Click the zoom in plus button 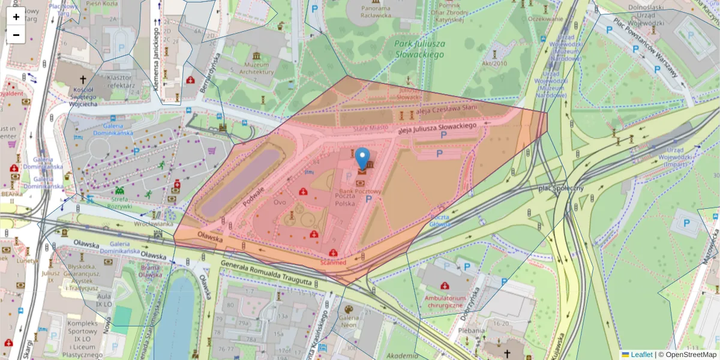tap(16, 17)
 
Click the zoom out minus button tap(16, 35)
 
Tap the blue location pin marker tap(362, 159)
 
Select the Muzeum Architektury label tap(256, 68)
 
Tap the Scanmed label tap(333, 263)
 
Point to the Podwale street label tap(254, 197)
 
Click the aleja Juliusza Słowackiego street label tap(437, 128)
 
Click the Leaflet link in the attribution tap(641, 355)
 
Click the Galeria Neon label tap(349, 321)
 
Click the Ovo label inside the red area tap(280, 202)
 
